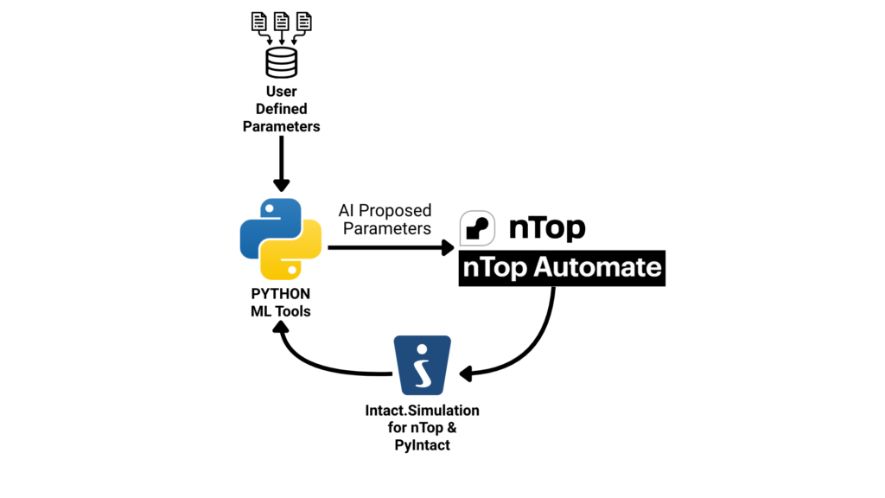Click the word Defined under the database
(281, 109)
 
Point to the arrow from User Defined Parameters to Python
(281, 164)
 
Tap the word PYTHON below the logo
(280, 294)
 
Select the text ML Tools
(280, 311)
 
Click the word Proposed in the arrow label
(395, 211)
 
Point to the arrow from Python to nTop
(389, 247)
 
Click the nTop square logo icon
(477, 227)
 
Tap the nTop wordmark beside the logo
(546, 227)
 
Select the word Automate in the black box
(596, 267)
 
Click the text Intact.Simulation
(422, 410)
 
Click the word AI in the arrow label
(347, 211)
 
